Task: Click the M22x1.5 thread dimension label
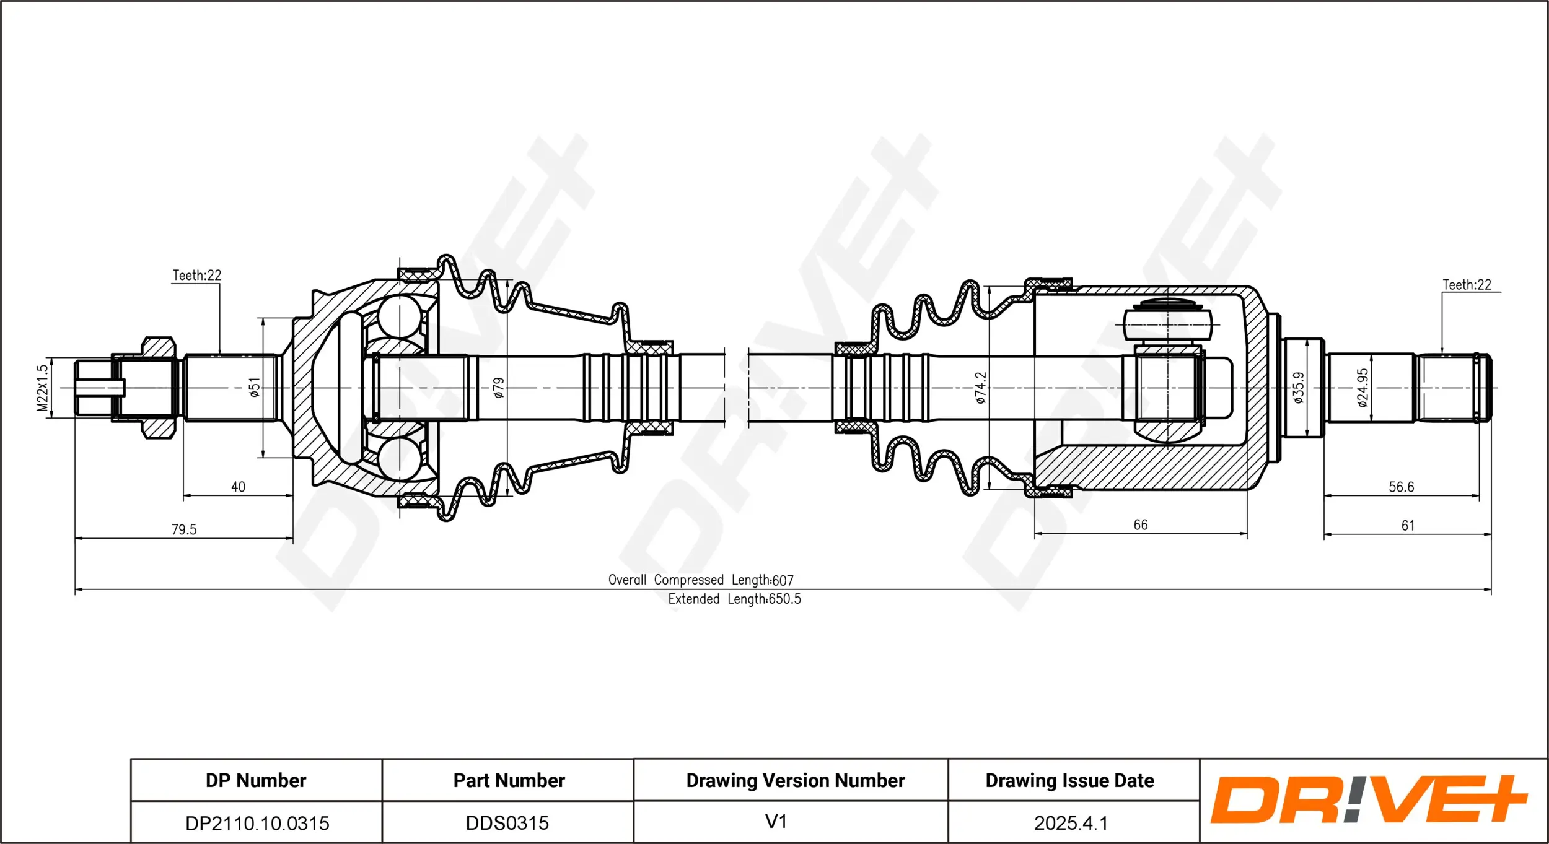(42, 388)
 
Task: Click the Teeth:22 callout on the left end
(196, 275)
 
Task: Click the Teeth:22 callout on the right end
(1467, 285)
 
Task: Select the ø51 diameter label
(254, 388)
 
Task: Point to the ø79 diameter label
(499, 388)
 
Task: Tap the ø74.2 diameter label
(980, 388)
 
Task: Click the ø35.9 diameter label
(1299, 388)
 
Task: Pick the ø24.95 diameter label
(1363, 388)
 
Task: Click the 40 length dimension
(238, 487)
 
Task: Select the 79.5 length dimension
(184, 529)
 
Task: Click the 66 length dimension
(1141, 525)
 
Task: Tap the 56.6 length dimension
(1401, 487)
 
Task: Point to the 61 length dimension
(1408, 526)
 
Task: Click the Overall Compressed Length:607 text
(700, 580)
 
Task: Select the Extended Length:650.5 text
(734, 599)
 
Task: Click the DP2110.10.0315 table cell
(257, 823)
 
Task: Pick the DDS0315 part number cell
(507, 823)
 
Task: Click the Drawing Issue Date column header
(1069, 780)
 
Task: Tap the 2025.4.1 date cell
(1070, 823)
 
